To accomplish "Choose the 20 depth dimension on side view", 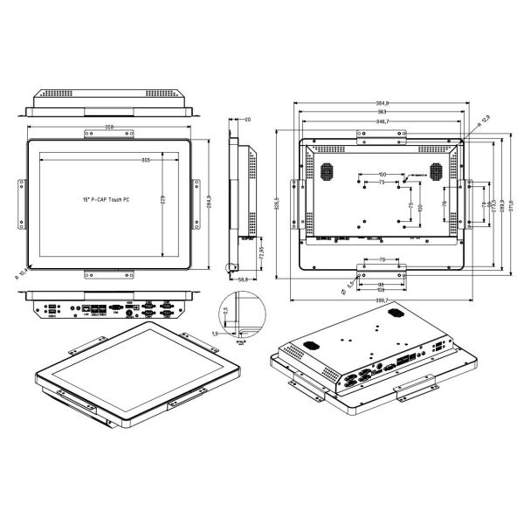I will click(x=248, y=120).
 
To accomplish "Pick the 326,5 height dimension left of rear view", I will click(x=278, y=208).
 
